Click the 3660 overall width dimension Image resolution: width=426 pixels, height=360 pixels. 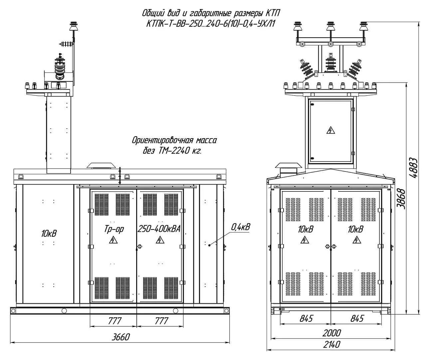pyautogui.click(x=120, y=337)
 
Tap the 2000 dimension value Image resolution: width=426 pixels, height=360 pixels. pyautogui.click(x=331, y=332)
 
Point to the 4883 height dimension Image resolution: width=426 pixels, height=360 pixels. pyautogui.click(x=413, y=168)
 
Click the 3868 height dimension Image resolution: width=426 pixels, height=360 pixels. pyautogui.click(x=401, y=199)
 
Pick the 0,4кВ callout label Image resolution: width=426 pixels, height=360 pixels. pyautogui.click(x=241, y=227)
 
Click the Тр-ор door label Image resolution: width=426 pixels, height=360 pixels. pyautogui.click(x=114, y=229)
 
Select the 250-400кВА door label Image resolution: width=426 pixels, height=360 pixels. pyautogui.click(x=159, y=229)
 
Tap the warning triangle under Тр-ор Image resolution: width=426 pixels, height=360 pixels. pyautogui.click(x=114, y=240)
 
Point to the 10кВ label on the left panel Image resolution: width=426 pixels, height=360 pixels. pyautogui.click(x=49, y=233)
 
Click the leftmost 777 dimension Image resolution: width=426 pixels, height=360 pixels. pyautogui.click(x=114, y=321)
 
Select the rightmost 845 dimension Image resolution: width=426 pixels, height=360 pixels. pyautogui.click(x=357, y=319)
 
